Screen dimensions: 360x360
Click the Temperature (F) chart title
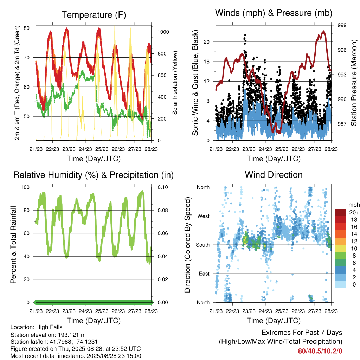tap(94, 15)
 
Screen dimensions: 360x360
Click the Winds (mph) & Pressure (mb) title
tap(274, 13)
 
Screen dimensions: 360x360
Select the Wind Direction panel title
tap(274, 175)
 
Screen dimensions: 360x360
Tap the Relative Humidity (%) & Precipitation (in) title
tap(94, 175)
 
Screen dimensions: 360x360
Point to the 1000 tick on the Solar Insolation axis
tap(163, 32)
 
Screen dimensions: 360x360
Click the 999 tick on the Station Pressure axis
tap(342, 25)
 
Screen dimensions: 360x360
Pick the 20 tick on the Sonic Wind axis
tap(206, 42)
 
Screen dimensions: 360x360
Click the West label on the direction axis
tap(204, 216)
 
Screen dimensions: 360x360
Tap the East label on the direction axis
tap(204, 274)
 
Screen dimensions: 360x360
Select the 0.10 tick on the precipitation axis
tap(162, 187)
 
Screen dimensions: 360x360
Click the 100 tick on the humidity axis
tap(25, 187)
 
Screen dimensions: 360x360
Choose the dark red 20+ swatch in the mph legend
tap(340, 212)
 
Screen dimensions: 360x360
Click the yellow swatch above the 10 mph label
tap(340, 249)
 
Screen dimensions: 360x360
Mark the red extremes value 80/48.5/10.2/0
tap(320, 351)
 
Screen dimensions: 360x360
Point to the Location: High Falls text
tap(36, 327)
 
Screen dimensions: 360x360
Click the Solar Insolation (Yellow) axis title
tap(175, 83)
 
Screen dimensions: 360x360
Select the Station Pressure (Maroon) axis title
tap(354, 83)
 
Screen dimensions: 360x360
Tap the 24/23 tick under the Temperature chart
tap(85, 149)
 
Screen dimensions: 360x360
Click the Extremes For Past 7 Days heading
tap(302, 333)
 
